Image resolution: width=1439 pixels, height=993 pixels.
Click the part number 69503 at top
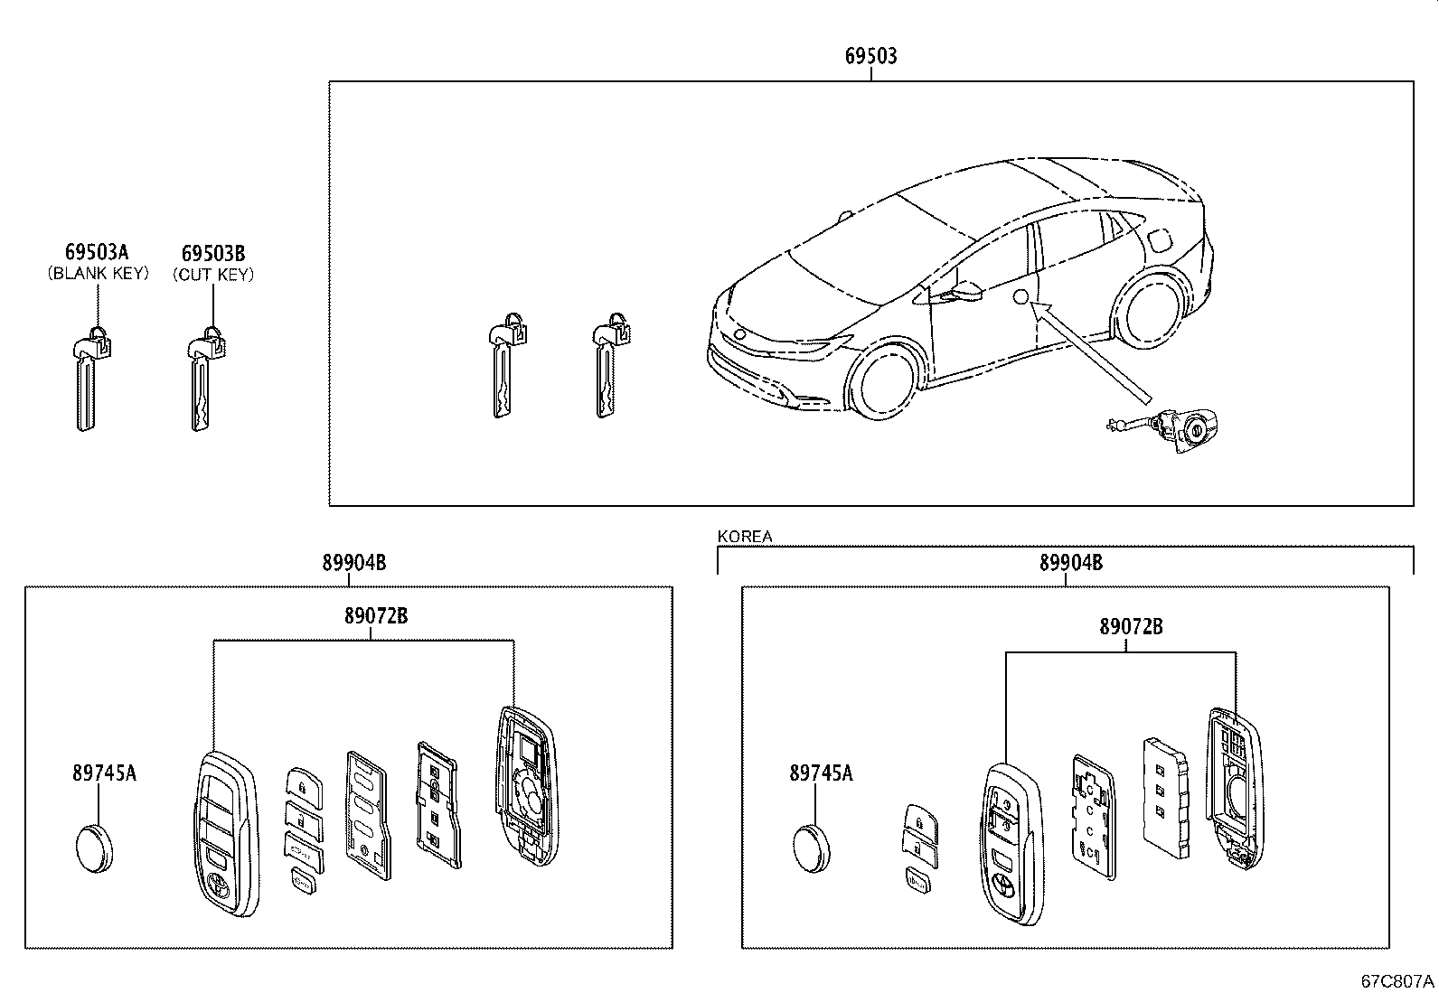870,56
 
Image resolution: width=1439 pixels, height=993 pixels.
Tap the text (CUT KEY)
213,275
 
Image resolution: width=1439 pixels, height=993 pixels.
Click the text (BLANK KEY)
98,274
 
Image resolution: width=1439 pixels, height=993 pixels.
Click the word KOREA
745,537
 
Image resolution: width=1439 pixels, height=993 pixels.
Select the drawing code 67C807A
1397,980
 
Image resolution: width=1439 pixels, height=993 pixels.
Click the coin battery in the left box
94,848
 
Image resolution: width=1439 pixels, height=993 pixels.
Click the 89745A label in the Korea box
820,773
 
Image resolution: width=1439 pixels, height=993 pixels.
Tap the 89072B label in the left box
375,616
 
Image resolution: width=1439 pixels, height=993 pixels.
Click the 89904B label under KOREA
1070,562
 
